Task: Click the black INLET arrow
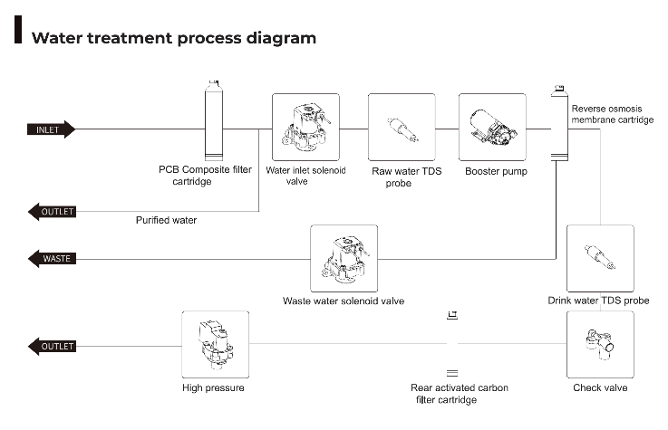[51, 129]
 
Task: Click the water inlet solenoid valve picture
[305, 127]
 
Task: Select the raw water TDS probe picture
[402, 127]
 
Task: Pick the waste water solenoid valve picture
[344, 259]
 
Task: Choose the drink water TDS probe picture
[599, 259]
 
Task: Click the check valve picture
[599, 345]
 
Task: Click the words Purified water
[166, 220]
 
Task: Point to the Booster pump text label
[496, 170]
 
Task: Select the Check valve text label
[600, 387]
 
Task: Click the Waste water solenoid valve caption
[344, 301]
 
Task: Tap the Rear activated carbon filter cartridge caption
[460, 393]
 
